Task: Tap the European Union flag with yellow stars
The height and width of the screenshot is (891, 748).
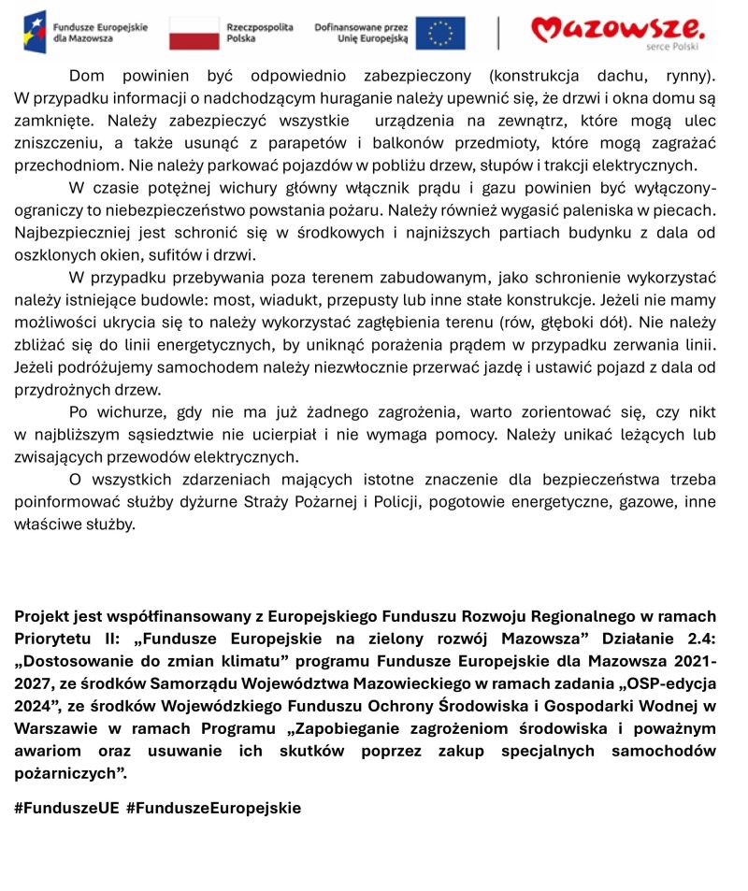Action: (439, 32)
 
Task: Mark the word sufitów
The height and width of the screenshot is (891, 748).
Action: (162, 255)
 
